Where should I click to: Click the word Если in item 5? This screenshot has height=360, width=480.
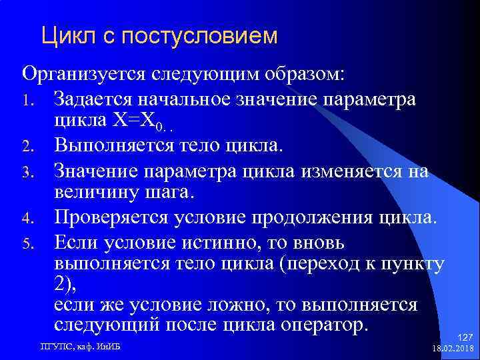(x=75, y=239)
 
